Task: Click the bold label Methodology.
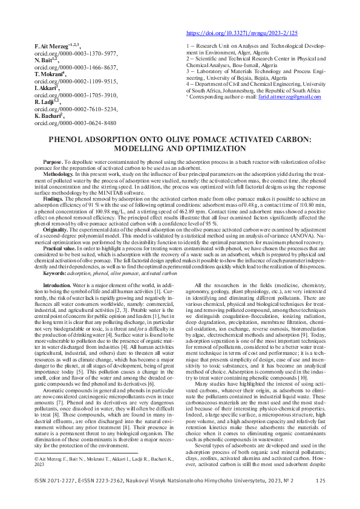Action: pos(59,173)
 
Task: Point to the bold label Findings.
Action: pos(53,198)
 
